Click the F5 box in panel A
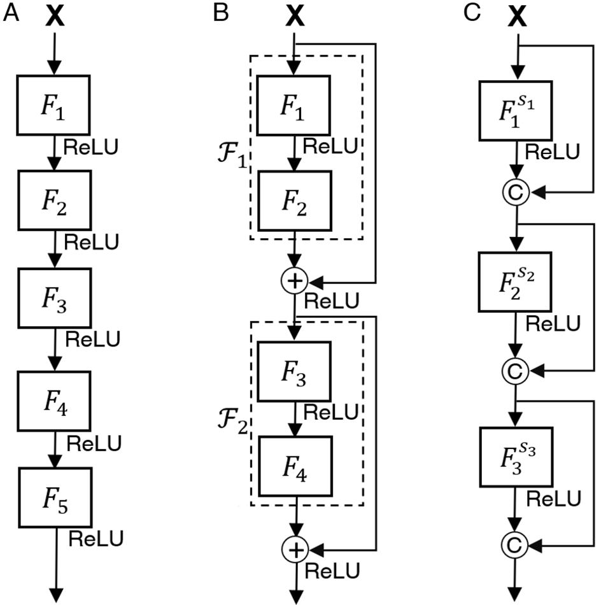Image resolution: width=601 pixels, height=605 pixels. (55, 498)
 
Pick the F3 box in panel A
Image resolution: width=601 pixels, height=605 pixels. (54, 298)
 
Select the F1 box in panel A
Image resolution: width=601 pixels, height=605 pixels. (53, 105)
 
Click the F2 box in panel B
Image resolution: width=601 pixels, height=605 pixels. (295, 201)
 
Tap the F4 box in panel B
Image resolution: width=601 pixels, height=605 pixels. (295, 466)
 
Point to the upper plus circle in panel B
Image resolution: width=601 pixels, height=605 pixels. (294, 281)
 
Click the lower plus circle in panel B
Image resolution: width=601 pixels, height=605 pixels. (295, 550)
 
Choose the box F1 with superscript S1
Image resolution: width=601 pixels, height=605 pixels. (516, 111)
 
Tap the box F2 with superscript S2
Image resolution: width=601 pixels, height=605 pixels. (515, 281)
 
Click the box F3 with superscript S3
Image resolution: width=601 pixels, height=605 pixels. (516, 457)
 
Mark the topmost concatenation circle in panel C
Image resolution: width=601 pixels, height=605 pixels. (516, 192)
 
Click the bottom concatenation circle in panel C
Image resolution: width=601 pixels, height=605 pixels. (514, 544)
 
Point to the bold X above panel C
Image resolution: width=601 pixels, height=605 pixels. (517, 17)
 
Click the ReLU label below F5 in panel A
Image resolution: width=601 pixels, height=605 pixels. (95, 539)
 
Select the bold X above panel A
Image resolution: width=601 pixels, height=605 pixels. (55, 17)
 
